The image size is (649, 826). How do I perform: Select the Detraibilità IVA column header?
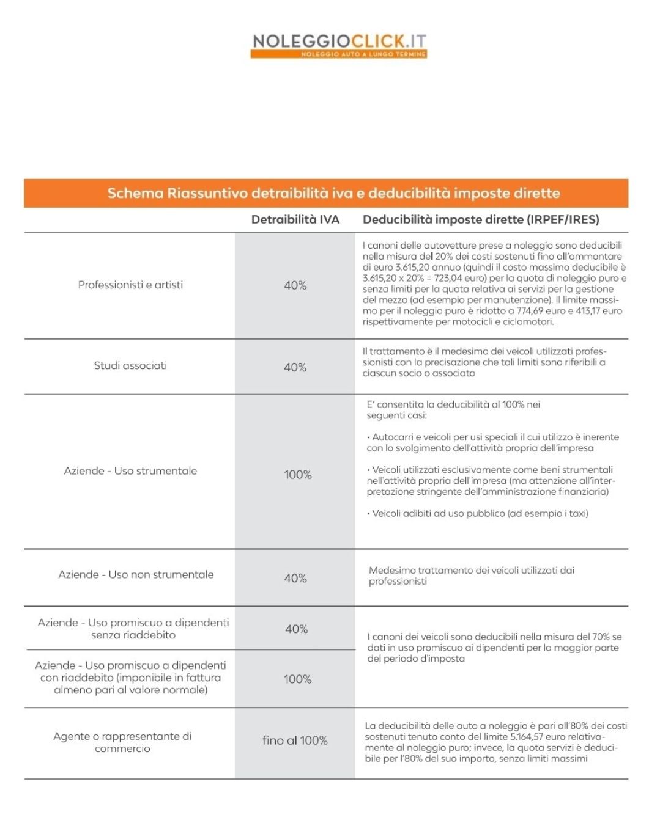point(295,219)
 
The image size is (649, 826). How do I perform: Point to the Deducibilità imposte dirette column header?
point(481,219)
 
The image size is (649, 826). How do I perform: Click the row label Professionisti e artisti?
point(130,285)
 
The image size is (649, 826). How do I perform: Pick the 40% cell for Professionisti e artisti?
point(295,285)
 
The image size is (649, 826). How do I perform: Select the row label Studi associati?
point(130,365)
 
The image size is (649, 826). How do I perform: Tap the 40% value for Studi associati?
point(295,367)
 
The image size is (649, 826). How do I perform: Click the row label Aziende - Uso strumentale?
point(130,471)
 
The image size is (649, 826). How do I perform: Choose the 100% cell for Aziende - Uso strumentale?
point(297,475)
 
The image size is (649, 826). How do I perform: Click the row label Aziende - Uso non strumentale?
point(136,574)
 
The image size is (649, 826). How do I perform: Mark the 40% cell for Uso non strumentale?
point(295,578)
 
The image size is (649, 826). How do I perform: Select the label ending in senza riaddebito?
point(133,629)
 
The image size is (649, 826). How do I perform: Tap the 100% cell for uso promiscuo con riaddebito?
point(297,679)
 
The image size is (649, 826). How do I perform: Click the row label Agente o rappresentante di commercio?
point(122,742)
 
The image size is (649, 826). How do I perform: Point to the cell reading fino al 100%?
point(295,740)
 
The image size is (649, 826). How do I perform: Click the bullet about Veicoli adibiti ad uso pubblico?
point(478,513)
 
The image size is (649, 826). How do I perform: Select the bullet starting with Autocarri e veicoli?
point(492,442)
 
